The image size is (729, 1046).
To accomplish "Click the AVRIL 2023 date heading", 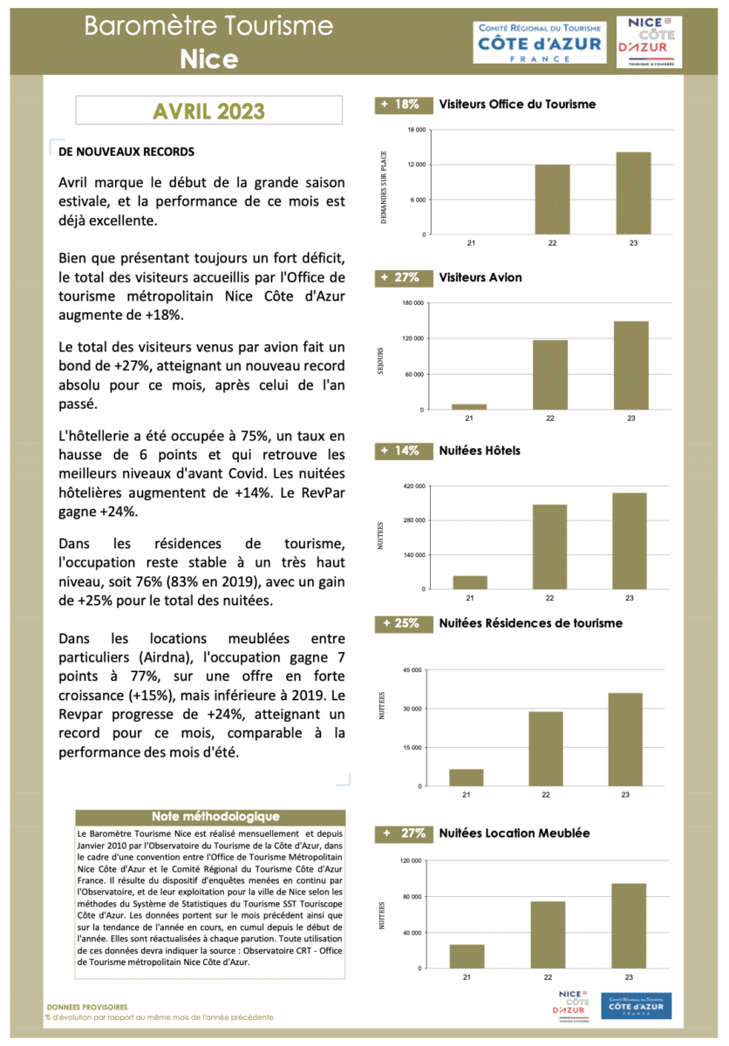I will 208,112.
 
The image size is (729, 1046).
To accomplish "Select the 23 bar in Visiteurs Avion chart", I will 630,365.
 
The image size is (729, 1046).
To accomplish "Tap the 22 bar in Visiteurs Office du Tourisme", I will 552,200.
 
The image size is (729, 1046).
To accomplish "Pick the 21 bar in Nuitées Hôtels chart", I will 470,582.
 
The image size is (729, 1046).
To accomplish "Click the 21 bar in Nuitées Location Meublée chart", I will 467,956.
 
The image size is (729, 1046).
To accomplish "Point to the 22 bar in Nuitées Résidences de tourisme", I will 546,749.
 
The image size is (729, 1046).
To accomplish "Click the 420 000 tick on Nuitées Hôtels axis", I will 412,486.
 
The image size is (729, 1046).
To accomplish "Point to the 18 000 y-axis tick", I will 416,130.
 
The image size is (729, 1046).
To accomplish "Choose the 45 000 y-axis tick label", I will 412,669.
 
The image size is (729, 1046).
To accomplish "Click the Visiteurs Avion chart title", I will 480,278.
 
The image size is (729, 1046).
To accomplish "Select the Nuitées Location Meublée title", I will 514,833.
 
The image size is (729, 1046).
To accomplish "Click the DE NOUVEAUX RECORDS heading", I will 126,152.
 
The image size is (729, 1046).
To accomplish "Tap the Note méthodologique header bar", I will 215,817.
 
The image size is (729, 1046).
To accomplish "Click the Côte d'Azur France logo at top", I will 539,42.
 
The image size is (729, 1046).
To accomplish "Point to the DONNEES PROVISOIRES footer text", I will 86,1006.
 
